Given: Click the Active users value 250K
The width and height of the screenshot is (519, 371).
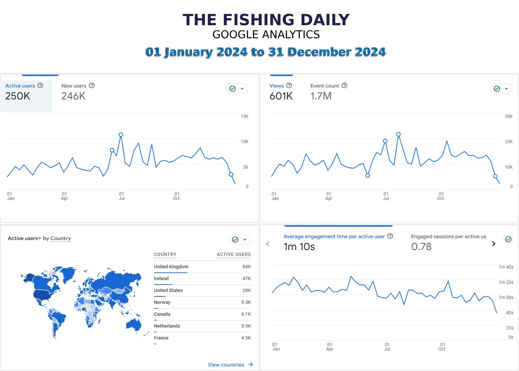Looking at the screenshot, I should [x=17, y=96].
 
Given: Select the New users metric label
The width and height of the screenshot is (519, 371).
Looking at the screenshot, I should [x=74, y=86].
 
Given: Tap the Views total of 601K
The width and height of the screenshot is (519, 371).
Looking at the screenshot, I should [x=281, y=96].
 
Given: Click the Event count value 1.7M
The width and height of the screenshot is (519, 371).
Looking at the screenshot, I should [x=321, y=96].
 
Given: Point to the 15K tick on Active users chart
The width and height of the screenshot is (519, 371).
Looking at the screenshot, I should [x=244, y=116].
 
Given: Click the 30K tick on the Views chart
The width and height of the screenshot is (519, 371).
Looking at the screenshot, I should [x=509, y=116].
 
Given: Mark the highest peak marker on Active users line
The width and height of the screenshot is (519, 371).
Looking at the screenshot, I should [x=121, y=135].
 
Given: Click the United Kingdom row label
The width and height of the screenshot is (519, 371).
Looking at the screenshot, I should [x=171, y=267].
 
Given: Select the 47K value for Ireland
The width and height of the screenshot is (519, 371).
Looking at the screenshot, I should [x=247, y=279].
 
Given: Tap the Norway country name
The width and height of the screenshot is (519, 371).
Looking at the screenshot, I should [x=162, y=302].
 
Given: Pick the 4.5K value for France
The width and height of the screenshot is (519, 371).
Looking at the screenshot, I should [x=246, y=338].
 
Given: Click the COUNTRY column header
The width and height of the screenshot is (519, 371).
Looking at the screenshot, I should [x=165, y=255].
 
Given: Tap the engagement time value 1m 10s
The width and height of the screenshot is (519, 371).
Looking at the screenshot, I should [x=299, y=247].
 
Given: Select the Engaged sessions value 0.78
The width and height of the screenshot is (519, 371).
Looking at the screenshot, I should [x=421, y=247].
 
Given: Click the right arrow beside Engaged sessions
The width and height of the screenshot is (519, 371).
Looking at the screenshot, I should [x=493, y=244].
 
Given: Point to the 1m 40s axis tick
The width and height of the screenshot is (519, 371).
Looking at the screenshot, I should [x=506, y=267].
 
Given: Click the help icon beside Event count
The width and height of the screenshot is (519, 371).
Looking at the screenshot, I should [x=344, y=85].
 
